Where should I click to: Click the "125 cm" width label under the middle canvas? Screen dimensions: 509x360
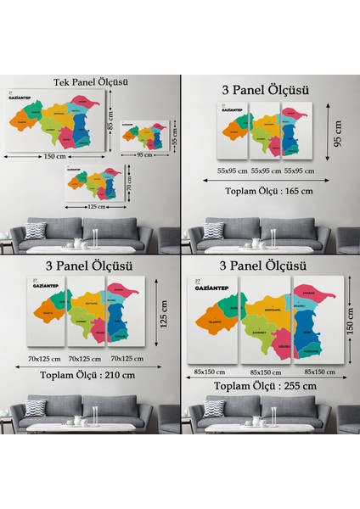(x=94, y=206)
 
